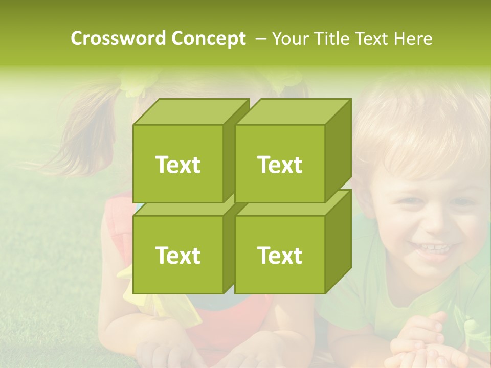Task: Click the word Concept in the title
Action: pos(209,38)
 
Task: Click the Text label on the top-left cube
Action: pos(177,165)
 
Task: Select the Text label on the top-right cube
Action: pos(280,165)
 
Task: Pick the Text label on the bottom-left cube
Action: pos(177,255)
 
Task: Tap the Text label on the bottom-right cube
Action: pos(280,255)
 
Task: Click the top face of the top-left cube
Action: pos(191,112)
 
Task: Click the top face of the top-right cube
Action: pos(293,112)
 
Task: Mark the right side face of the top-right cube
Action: pos(338,151)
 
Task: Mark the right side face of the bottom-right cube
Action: pos(338,241)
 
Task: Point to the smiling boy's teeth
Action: pos(433,249)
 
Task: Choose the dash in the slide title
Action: pos(260,38)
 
